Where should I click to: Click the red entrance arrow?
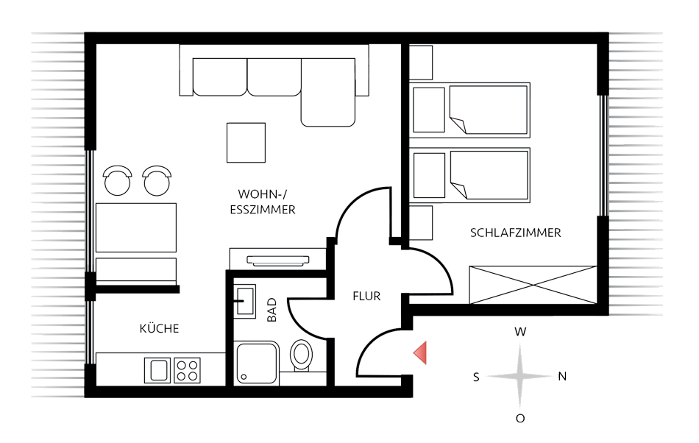click(420, 353)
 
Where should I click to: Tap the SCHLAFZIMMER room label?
click(515, 233)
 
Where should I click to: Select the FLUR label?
click(366, 297)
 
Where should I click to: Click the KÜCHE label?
click(159, 328)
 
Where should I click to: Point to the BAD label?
click(272, 309)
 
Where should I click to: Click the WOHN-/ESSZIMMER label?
click(266, 202)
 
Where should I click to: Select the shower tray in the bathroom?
click(258, 364)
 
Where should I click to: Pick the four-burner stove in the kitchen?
click(187, 369)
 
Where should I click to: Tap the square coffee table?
click(246, 143)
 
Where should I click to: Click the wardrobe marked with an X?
click(533, 284)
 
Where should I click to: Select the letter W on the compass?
click(520, 332)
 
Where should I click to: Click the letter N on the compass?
click(562, 376)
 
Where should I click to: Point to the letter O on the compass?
click(520, 418)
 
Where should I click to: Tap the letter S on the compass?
click(477, 377)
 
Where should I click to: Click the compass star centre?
click(520, 376)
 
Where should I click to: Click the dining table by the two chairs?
click(137, 227)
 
